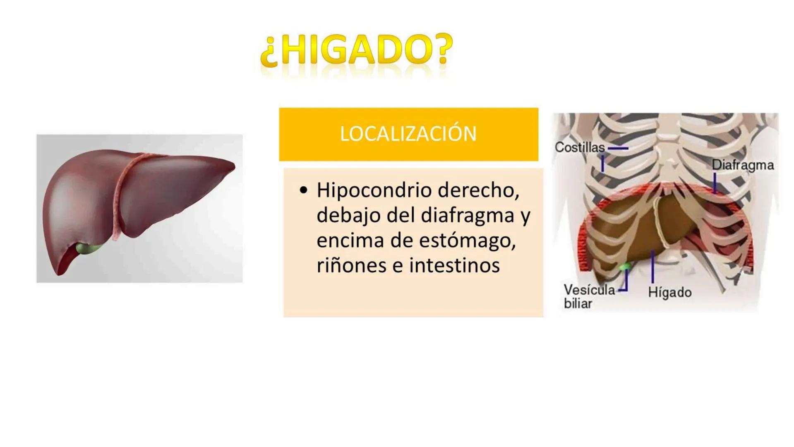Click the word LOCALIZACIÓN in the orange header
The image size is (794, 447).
(408, 134)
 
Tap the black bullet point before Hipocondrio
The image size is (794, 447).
(304, 191)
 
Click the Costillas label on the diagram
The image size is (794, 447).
(579, 147)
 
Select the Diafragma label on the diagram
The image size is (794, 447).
(742, 165)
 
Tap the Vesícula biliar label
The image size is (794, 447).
(588, 296)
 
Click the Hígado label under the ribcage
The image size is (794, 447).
(669, 292)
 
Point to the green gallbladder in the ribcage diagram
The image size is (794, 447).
(624, 266)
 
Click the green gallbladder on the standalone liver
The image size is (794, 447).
(88, 249)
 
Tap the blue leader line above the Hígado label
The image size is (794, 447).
(652, 267)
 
